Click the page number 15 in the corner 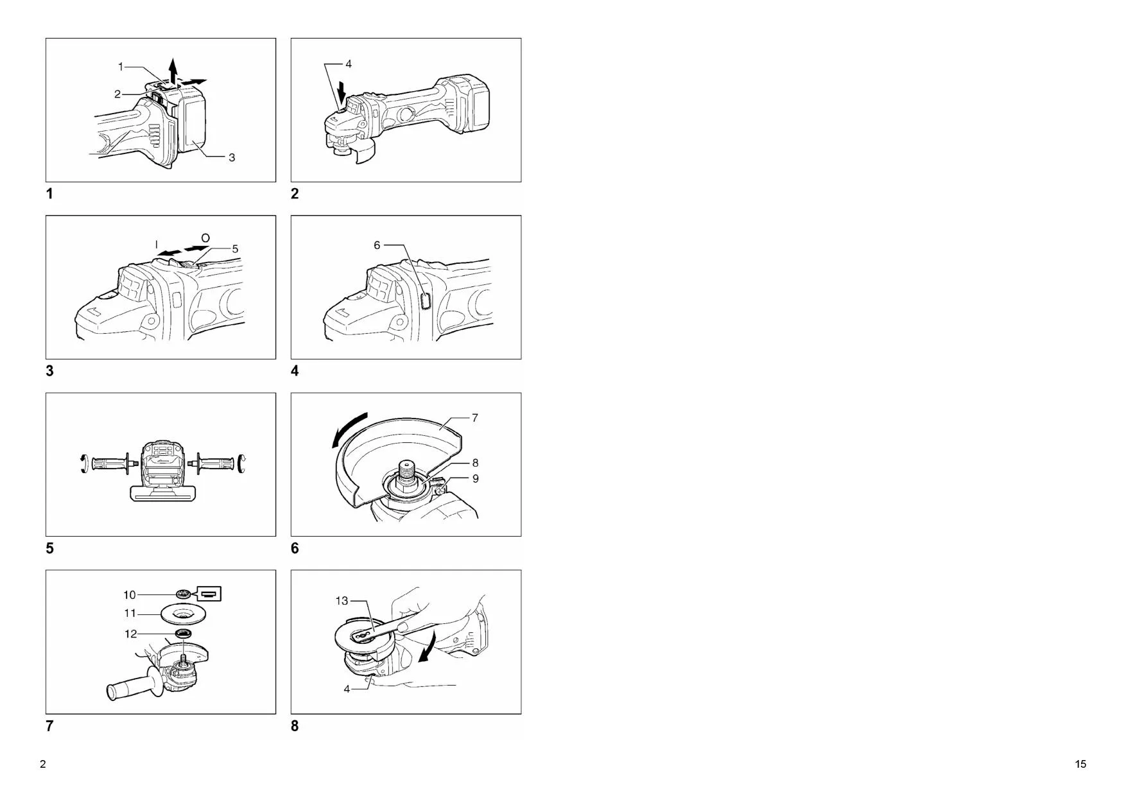pyautogui.click(x=1080, y=764)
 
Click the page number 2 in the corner pyautogui.click(x=43, y=764)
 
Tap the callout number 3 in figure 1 pyautogui.click(x=232, y=157)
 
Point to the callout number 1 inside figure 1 pyautogui.click(x=121, y=66)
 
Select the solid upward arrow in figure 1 pyautogui.click(x=172, y=70)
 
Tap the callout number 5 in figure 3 pyautogui.click(x=235, y=249)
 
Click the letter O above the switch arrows pyautogui.click(x=205, y=238)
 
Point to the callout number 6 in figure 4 pyautogui.click(x=377, y=245)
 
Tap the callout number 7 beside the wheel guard pyautogui.click(x=475, y=418)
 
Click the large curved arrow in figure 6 pyautogui.click(x=349, y=428)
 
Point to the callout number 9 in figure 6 pyautogui.click(x=475, y=479)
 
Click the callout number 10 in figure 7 pyautogui.click(x=130, y=595)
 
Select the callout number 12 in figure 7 pyautogui.click(x=130, y=634)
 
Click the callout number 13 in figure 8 pyautogui.click(x=342, y=601)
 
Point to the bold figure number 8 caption pyautogui.click(x=295, y=726)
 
